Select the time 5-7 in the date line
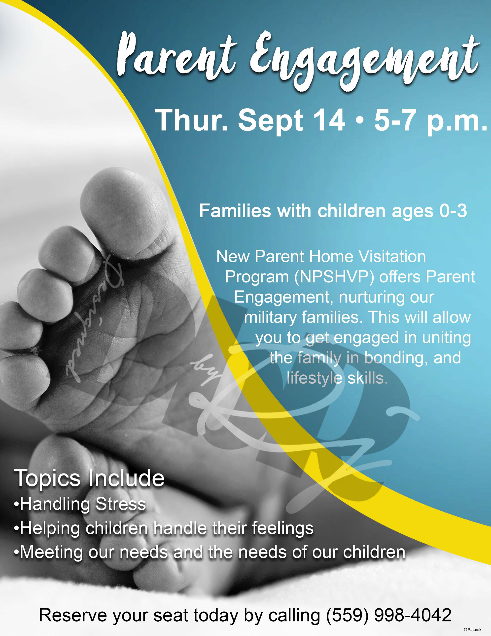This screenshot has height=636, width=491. click(395, 120)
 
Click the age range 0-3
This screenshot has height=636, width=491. click(453, 211)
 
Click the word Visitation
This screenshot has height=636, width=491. click(392, 257)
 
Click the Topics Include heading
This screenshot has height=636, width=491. click(89, 479)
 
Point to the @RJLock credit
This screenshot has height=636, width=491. click(472, 630)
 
